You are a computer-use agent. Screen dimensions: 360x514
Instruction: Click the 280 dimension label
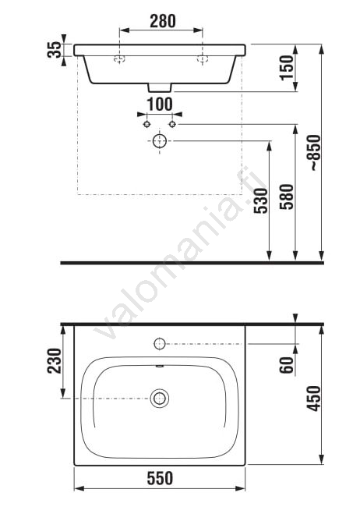click(163, 21)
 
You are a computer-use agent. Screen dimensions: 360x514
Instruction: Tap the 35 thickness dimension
click(55, 50)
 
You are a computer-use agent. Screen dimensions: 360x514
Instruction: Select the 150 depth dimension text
click(287, 67)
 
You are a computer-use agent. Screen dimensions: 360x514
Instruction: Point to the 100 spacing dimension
click(160, 105)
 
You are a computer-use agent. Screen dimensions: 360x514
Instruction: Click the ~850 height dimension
click(314, 152)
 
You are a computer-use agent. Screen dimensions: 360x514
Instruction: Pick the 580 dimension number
click(287, 197)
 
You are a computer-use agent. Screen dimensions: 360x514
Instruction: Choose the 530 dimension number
click(261, 201)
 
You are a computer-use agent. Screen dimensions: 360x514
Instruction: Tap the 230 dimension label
click(55, 360)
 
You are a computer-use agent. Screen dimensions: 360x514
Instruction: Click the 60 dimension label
click(287, 365)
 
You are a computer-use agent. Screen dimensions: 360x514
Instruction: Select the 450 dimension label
click(313, 399)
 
